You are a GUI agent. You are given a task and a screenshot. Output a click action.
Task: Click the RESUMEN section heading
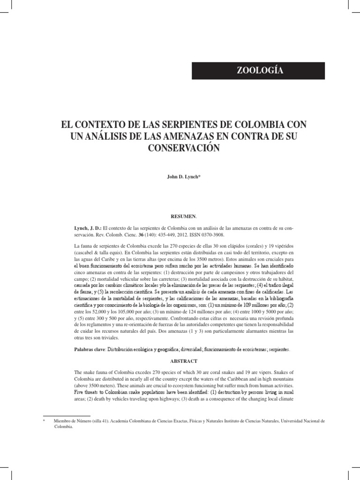pyautogui.click(x=180, y=217)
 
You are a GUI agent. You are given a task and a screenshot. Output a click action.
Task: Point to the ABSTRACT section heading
pyautogui.click(x=180, y=361)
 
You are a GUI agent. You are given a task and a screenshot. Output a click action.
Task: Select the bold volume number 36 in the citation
pyautogui.click(x=152, y=235)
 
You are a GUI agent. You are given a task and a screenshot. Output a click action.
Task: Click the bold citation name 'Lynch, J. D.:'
pyautogui.click(x=87, y=228)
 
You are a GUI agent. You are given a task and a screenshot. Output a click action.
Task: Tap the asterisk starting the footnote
pyautogui.click(x=44, y=421)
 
